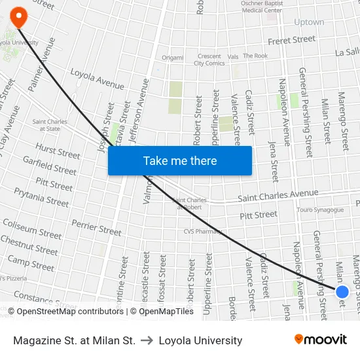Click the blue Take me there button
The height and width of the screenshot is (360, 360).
coord(180,161)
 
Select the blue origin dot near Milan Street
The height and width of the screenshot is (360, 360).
coord(342,292)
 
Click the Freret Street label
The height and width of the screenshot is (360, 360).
coord(291,41)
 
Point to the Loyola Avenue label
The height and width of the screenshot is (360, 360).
coord(97,80)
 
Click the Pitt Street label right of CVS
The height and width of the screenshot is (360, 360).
coord(258,215)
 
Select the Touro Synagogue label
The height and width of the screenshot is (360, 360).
coord(319,210)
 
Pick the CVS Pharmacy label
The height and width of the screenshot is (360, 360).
coord(203,231)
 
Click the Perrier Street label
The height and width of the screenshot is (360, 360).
coord(96,228)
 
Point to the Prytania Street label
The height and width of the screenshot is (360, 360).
coord(41,197)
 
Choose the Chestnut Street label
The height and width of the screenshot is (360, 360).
coord(29,245)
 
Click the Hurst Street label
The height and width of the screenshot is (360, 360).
coord(58,152)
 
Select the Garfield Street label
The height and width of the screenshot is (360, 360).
coord(50,165)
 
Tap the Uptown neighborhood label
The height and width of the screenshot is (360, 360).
coord(309,22)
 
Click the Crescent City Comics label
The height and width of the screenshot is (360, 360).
coord(209,60)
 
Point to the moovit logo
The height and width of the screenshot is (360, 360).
coord(320,340)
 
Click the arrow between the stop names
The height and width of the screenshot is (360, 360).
coord(147,340)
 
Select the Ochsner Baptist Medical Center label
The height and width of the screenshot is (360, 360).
coord(261,7)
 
